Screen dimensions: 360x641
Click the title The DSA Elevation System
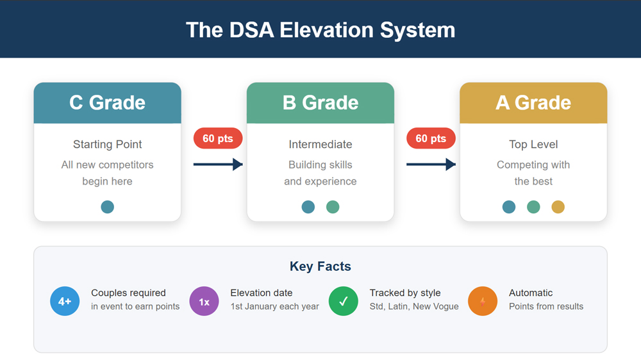(x=320, y=30)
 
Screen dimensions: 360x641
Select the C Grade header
(x=107, y=102)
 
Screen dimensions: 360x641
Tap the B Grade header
(x=320, y=102)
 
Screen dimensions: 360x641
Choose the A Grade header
(x=533, y=102)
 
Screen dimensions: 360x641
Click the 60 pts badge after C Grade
(x=218, y=138)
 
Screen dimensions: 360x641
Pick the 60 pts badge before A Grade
(x=431, y=138)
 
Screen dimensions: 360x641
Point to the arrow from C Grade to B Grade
(x=218, y=165)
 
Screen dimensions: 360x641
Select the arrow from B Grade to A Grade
(x=431, y=165)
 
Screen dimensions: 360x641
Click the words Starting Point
(x=107, y=145)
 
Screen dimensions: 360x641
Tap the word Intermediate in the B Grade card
(x=320, y=145)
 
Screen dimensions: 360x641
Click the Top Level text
(x=533, y=145)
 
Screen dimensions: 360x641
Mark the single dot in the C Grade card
(x=107, y=207)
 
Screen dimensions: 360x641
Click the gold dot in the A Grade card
(x=558, y=207)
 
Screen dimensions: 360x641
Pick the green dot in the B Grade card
(x=333, y=207)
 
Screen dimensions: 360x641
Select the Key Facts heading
(x=320, y=266)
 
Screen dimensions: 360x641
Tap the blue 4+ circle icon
(x=65, y=301)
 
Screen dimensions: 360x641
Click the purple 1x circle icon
(x=204, y=301)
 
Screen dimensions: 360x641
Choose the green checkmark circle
(x=344, y=301)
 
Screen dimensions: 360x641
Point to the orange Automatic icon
(x=483, y=301)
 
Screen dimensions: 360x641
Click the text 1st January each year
(x=274, y=307)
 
